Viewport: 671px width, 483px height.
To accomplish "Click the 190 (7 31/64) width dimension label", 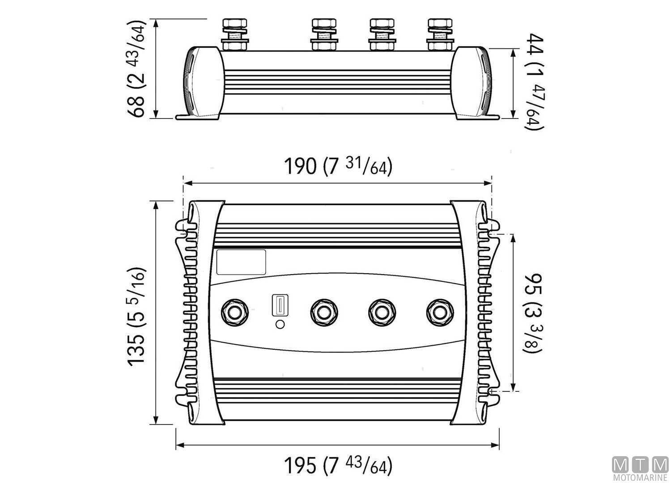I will [338, 167].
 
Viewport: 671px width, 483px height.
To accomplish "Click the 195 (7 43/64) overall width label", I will [338, 466].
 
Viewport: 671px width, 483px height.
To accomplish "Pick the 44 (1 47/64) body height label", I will [533, 82].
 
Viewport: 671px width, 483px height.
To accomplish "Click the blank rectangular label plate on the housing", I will [241, 262].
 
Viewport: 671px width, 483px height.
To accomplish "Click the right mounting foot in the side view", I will [478, 117].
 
